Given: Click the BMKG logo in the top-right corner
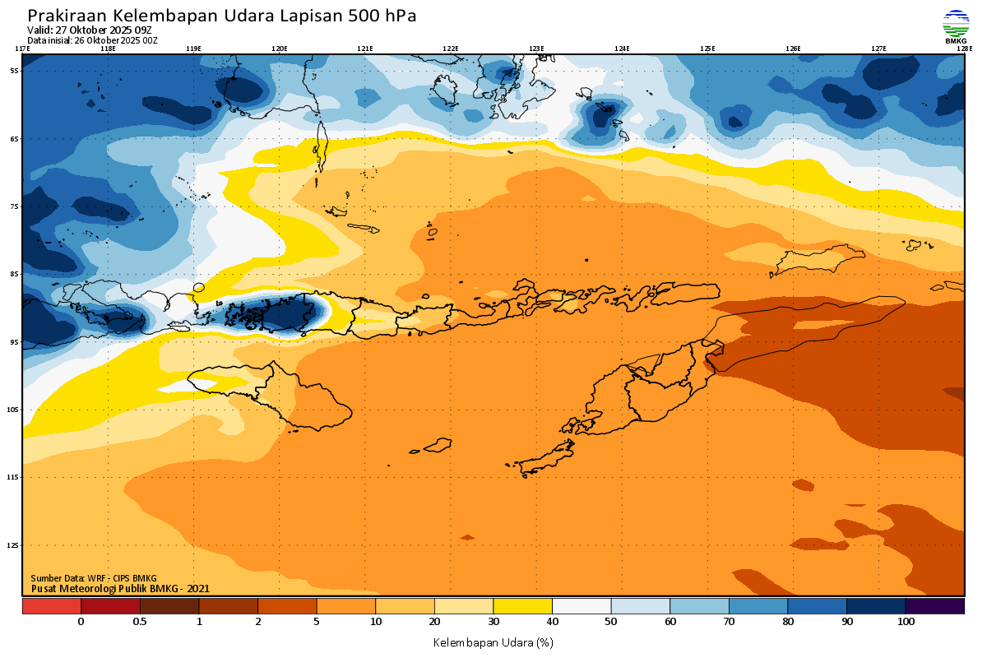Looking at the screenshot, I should (955, 25).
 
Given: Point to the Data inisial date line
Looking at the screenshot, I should (92, 40).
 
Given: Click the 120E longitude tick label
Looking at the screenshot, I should (280, 49).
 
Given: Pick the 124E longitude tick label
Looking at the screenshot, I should (622, 49).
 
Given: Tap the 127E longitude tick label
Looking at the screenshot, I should (878, 49).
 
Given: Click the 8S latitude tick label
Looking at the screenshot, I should (14, 274).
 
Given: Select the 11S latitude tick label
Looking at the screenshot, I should (14, 477).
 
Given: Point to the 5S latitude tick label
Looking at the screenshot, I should (14, 71).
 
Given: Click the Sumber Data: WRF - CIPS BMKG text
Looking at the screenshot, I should (94, 578).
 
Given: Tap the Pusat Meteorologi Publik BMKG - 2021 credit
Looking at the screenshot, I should (121, 588).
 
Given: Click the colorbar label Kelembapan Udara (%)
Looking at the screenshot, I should (493, 641).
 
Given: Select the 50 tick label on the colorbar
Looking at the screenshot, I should (611, 622).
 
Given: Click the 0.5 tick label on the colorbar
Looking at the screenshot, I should (140, 622).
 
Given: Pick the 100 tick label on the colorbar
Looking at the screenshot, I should (906, 622).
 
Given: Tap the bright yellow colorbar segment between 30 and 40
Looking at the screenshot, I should (522, 606).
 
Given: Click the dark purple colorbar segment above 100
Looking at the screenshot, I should (935, 606).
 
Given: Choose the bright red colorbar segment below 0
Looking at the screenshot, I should (51, 606).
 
